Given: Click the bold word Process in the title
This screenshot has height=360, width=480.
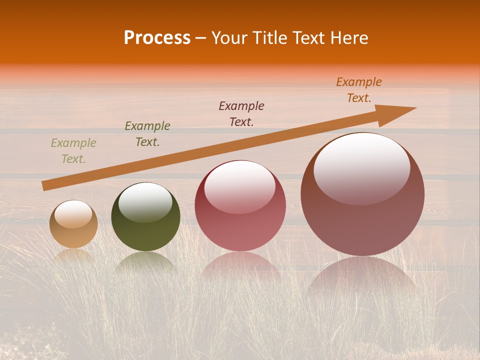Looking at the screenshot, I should (x=157, y=38).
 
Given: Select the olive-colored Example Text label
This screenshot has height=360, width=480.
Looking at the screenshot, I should (x=147, y=134).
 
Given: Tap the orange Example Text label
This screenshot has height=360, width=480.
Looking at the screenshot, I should (x=359, y=90).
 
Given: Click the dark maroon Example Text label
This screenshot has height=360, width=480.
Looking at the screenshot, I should (x=241, y=114).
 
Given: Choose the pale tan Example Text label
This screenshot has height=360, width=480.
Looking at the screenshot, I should (x=73, y=151).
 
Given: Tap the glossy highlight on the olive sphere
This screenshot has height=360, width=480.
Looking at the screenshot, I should (x=145, y=202).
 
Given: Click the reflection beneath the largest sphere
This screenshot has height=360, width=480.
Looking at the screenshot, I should (x=362, y=275).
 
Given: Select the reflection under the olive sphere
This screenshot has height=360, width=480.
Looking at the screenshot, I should (x=145, y=262).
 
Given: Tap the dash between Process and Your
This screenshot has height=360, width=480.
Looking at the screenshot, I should (x=201, y=38).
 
